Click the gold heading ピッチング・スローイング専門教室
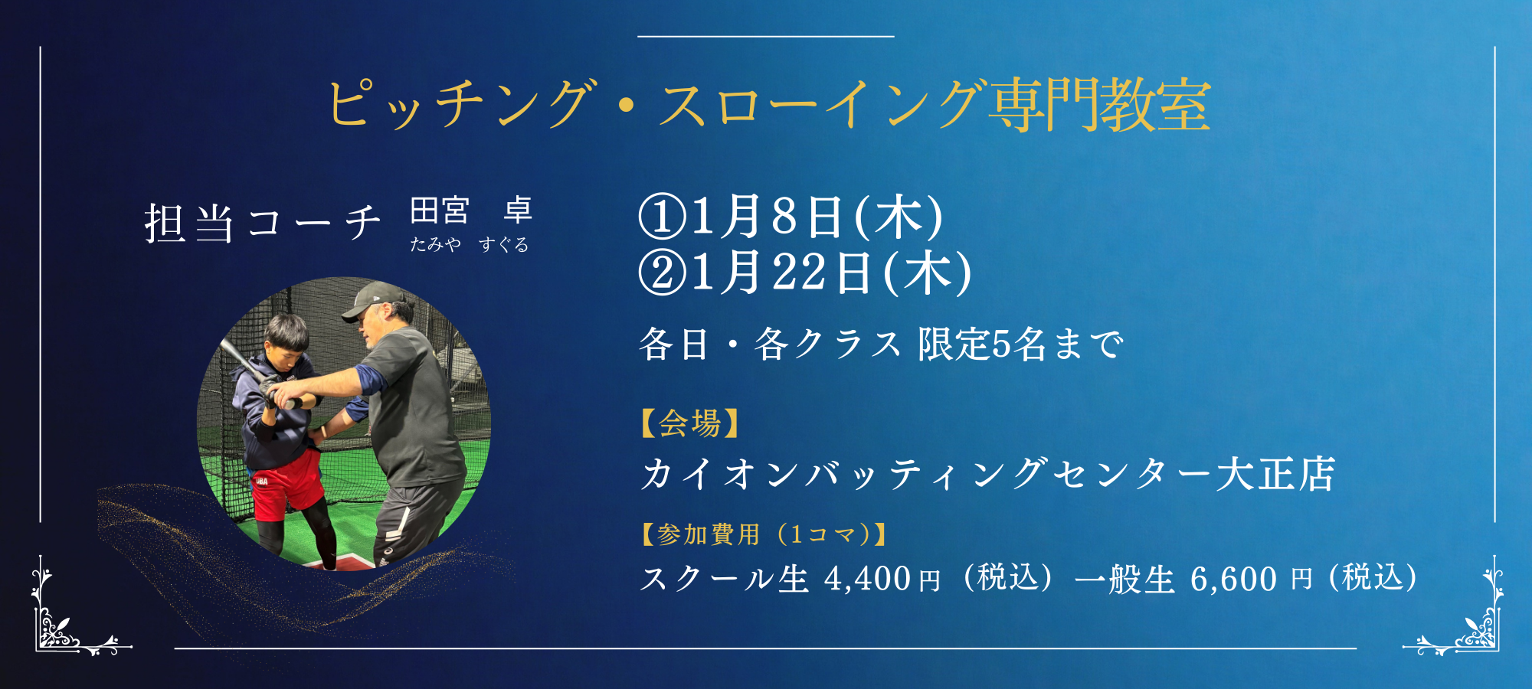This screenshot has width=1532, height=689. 769,105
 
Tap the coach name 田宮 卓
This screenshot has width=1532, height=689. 471,211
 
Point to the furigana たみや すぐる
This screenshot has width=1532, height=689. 469,244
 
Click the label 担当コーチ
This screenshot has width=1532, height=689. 263,224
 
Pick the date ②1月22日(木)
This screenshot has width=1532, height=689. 805,273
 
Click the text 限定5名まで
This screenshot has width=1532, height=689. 1021,344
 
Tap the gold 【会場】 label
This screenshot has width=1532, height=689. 689,423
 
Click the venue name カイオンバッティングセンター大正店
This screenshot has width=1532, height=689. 988,474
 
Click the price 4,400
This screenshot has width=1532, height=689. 867,580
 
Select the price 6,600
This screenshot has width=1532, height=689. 1233,580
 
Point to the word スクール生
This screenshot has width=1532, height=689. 725,580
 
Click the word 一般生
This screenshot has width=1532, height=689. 1124,580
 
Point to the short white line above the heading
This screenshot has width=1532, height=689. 766,36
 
